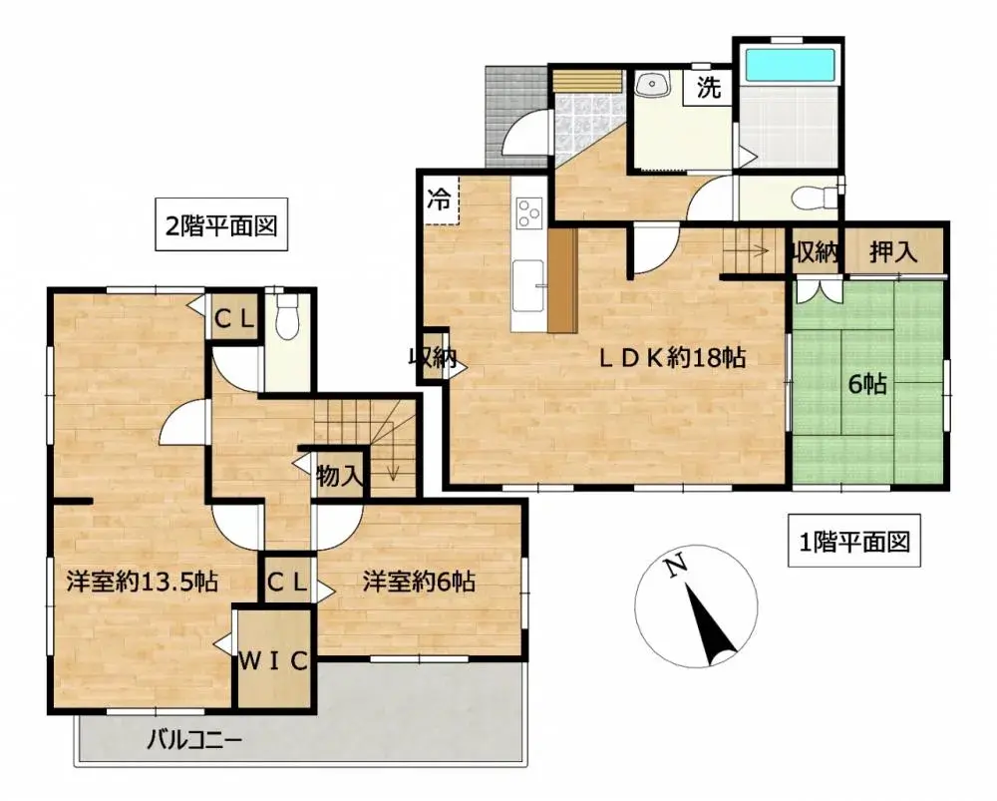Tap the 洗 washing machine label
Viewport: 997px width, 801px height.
708,89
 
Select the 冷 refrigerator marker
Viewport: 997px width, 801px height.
438,198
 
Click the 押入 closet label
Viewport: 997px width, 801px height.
893,252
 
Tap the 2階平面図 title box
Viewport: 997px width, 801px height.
220,226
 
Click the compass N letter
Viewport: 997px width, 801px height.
676,566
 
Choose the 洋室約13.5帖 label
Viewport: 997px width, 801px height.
143,582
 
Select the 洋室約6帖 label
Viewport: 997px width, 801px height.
418,582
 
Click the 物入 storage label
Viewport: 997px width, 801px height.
339,475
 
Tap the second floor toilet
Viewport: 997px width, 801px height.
286,317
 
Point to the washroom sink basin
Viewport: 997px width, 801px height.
653,86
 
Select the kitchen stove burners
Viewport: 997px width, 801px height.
528,210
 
